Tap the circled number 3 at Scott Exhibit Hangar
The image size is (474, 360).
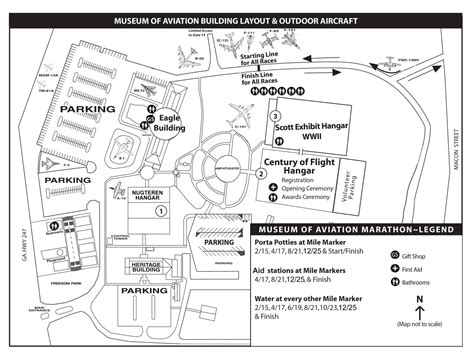tap(274, 118)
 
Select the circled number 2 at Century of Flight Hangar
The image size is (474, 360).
tap(261, 174)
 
